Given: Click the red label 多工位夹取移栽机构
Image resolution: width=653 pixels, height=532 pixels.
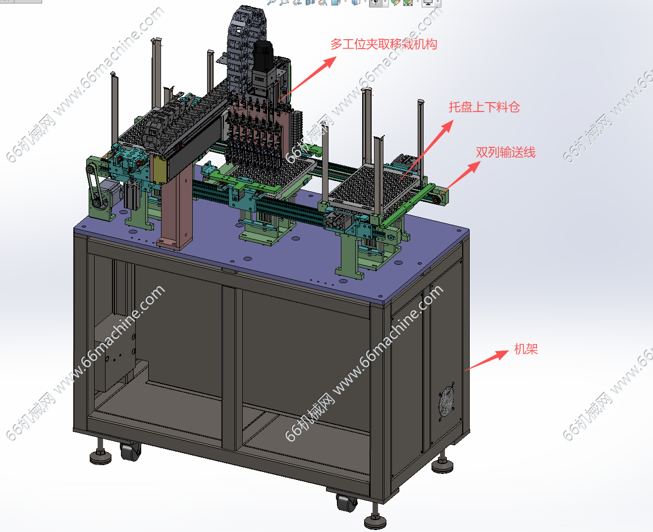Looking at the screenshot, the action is (383, 44).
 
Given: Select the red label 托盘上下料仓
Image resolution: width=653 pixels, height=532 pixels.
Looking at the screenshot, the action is (484, 107).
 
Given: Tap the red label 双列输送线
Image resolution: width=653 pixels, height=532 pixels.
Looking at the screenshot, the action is (505, 152).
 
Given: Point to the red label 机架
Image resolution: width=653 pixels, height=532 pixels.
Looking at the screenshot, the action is (526, 349).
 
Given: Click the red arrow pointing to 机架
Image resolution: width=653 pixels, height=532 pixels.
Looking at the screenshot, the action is (487, 360).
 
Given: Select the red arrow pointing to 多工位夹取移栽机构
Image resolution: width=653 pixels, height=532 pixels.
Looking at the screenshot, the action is (308, 79).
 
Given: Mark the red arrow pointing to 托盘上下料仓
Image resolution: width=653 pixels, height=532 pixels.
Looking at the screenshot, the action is (427, 150).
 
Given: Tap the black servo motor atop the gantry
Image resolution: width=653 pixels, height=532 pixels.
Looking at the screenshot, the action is (263, 56).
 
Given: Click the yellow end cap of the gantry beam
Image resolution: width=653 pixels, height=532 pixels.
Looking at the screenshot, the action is (159, 170).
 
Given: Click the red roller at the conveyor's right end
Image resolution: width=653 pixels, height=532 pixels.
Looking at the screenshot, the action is (436, 200).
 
